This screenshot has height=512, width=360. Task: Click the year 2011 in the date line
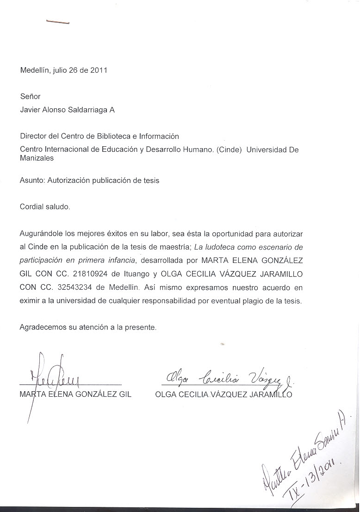pyautogui.click(x=99, y=71)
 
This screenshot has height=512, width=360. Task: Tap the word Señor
pyautogui.click(x=30, y=97)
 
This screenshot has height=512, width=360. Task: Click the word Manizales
pyautogui.click(x=37, y=158)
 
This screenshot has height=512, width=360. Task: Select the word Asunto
pyautogui.click(x=32, y=181)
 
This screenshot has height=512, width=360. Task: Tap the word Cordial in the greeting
pyautogui.click(x=32, y=207)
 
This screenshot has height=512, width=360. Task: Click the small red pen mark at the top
pyautogui.click(x=57, y=21)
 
